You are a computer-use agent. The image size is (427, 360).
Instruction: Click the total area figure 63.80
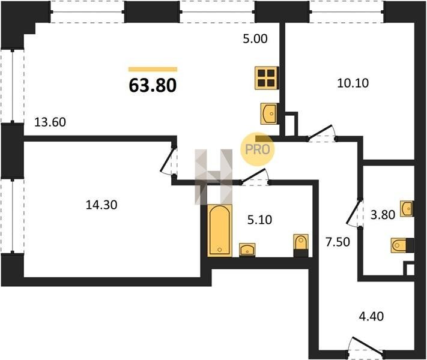(153, 85)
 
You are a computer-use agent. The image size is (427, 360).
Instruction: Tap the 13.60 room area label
(50, 122)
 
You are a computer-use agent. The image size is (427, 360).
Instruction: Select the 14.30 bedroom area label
(101, 205)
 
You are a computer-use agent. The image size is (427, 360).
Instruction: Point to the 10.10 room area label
(353, 83)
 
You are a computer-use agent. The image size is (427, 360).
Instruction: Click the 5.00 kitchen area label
(255, 38)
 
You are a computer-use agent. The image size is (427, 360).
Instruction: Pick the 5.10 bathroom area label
(259, 220)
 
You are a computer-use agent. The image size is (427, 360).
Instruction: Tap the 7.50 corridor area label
(338, 242)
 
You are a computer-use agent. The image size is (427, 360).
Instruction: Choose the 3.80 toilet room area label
(383, 215)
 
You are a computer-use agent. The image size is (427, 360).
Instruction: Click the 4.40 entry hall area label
(371, 316)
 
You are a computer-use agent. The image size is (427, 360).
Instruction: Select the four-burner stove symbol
(267, 78)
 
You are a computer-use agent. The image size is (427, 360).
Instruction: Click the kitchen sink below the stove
(269, 113)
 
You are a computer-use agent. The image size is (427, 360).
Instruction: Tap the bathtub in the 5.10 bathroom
(219, 230)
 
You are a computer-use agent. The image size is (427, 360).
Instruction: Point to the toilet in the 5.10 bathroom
(301, 245)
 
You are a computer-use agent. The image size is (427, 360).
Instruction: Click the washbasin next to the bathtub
(247, 250)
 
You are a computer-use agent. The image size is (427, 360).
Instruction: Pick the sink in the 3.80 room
(407, 209)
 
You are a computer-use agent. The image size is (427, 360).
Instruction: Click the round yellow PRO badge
(257, 149)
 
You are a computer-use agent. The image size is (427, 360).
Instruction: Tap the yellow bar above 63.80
(153, 70)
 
